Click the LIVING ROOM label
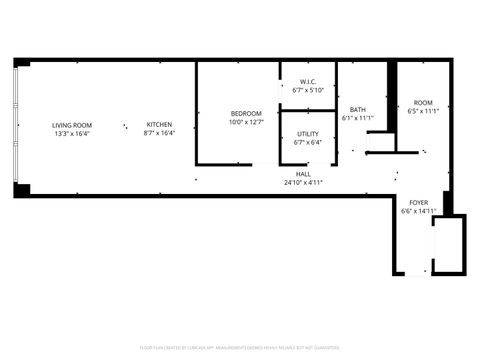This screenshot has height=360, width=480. coord(72,125)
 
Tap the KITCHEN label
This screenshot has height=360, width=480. coord(159,125)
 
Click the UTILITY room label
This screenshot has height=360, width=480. coord(307,133)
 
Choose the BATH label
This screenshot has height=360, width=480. coord(357,110)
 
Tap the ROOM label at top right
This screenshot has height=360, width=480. coord(424,103)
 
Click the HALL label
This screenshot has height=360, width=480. coord(303,174)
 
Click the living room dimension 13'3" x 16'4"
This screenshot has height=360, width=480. coord(72,133)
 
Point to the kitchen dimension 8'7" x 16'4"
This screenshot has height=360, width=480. coord(159,133)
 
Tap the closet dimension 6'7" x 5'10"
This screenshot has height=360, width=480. coord(306,90)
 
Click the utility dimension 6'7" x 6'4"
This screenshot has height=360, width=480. coord(307,142)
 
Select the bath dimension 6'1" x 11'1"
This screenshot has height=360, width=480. coord(357,118)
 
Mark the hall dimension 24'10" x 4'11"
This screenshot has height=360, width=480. coord(303,182)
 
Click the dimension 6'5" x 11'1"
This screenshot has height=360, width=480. coord(424,111)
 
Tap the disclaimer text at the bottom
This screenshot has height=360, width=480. coord(240,349)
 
